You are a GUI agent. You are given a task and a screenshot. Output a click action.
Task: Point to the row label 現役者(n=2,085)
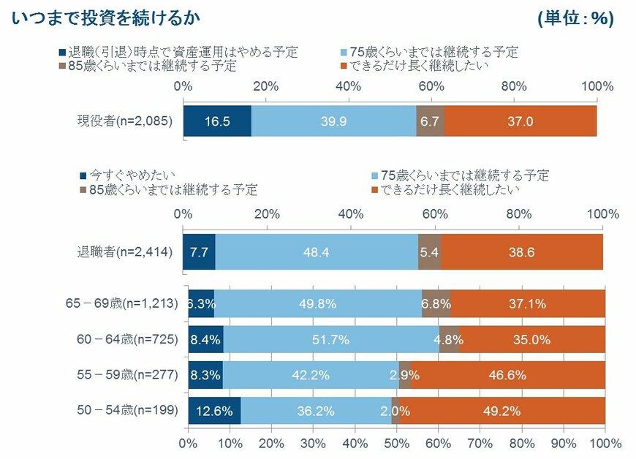125,121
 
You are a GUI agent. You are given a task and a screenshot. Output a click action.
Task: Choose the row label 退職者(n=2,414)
125,252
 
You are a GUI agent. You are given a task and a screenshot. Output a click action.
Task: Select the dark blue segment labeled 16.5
217,121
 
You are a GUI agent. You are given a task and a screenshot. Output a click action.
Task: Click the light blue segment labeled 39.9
333,121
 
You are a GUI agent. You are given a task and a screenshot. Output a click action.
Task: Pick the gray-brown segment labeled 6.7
430,121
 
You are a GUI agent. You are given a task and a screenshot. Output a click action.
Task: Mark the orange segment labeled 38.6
522,252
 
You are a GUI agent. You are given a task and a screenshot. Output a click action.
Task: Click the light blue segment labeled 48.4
317,252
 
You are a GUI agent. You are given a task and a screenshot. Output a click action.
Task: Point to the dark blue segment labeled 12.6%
214,410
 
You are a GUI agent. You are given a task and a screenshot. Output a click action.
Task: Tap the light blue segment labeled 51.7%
331,339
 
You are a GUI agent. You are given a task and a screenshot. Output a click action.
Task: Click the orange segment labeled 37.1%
528,303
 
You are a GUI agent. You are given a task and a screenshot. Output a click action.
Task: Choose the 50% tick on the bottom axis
397,443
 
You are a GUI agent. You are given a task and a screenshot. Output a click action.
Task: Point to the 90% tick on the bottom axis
564,443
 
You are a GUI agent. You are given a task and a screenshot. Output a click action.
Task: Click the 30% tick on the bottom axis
314,443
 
